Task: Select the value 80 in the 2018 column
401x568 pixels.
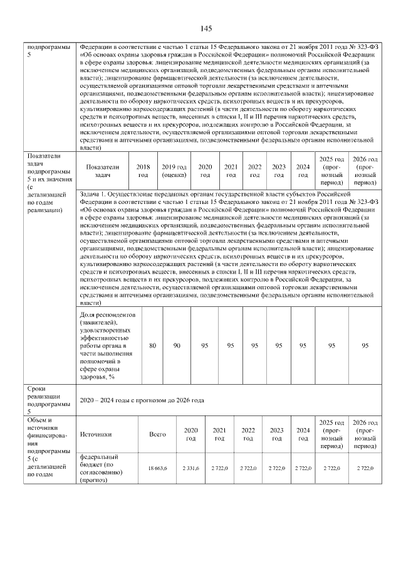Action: click(x=152, y=345)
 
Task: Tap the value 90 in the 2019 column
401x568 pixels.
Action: click(x=177, y=345)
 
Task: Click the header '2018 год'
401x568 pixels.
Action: click(x=143, y=171)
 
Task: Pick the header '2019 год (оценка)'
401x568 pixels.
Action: click(x=174, y=171)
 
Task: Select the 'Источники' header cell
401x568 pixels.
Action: click(x=96, y=434)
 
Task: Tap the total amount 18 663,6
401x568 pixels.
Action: click(x=157, y=468)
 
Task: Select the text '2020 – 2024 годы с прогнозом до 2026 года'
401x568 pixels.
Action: click(x=141, y=400)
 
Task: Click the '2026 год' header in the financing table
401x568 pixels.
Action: click(x=365, y=433)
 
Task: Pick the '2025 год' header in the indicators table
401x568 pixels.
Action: click(x=331, y=171)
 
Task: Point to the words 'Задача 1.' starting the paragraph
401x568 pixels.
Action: click(x=93, y=195)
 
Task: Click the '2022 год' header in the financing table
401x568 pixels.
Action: click(x=248, y=434)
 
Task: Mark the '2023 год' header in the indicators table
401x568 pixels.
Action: click(x=279, y=171)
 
